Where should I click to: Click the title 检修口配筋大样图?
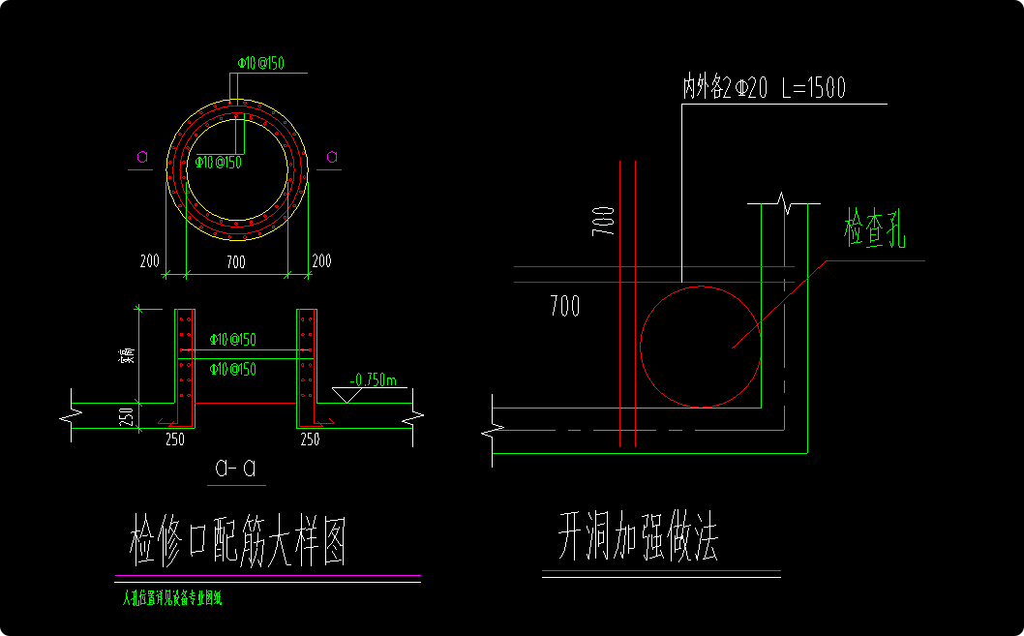coord(238,540)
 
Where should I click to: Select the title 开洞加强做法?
coord(637,537)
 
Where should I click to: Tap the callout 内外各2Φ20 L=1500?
coord(764,88)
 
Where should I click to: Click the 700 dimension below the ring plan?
coord(235,261)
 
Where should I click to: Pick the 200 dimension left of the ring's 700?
coord(149,261)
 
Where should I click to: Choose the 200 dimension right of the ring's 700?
coord(321,261)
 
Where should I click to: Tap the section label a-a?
coord(236,469)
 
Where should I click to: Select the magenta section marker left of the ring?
coord(141,157)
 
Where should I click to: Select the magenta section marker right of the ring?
coord(332,157)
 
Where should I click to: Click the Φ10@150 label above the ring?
coord(261,64)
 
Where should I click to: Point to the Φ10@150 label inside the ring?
coord(218,162)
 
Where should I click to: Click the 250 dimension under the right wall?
coord(310,439)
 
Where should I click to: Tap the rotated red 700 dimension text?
coord(604,221)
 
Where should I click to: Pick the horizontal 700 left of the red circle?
coord(564,307)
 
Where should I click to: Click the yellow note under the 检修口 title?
coord(172,599)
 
